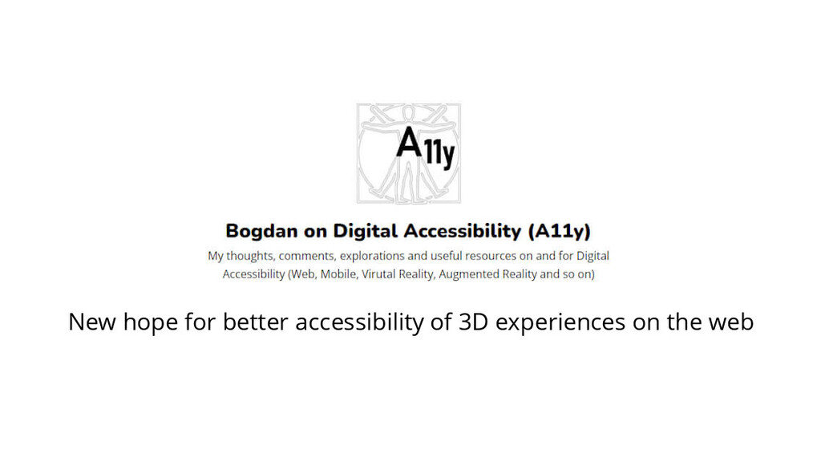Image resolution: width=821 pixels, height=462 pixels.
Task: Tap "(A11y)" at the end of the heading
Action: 559,231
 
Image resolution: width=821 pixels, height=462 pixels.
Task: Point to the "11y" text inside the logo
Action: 439,155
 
